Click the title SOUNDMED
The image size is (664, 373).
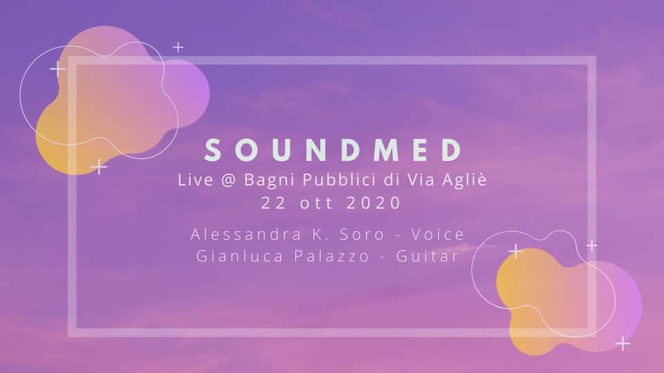pos(333,150)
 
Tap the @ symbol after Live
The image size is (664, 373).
pos(228,180)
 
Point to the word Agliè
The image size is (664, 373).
pos(465,180)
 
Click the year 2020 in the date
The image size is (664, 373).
pos(374,202)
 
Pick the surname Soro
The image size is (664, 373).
pos(362,234)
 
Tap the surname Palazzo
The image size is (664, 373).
pos(332,256)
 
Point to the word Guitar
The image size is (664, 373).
pos(427,256)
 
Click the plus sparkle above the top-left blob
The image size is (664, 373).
pos(178,47)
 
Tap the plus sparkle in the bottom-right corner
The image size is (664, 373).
pos(622,343)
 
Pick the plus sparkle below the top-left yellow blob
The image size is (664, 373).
pos(99,167)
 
